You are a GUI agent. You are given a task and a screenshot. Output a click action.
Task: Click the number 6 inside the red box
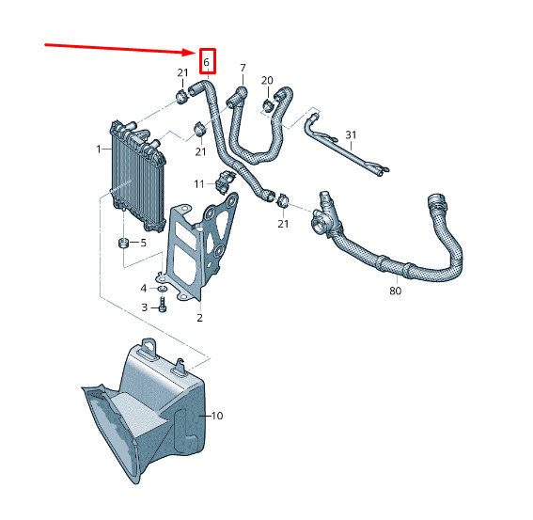pos(206,62)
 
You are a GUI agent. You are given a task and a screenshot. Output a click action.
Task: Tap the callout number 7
pos(243,68)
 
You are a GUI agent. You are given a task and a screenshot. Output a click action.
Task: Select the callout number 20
pos(267,81)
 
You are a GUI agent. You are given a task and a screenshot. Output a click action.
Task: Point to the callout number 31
pos(351,135)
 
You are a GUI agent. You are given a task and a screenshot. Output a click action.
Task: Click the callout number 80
pos(396,291)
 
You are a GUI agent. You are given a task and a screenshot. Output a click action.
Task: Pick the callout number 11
pos(199,184)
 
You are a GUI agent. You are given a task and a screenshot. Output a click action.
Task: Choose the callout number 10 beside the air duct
pos(217,416)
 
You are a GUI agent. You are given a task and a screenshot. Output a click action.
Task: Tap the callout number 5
pos(144,243)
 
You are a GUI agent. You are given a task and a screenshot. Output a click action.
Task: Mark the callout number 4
pos(144,289)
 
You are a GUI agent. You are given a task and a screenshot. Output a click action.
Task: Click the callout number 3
pos(145,307)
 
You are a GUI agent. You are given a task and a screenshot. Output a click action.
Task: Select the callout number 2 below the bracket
pos(199,318)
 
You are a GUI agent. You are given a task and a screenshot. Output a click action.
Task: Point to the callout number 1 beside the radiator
pos(99,149)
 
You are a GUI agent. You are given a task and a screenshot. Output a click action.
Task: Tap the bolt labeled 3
pos(162,305)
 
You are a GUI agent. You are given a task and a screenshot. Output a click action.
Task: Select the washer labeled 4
pos(162,289)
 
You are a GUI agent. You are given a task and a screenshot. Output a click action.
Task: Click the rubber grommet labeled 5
pos(123,243)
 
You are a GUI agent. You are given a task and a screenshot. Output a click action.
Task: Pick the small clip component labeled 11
pos(225,181)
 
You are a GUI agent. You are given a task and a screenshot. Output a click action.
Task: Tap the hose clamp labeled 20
pos(268,104)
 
